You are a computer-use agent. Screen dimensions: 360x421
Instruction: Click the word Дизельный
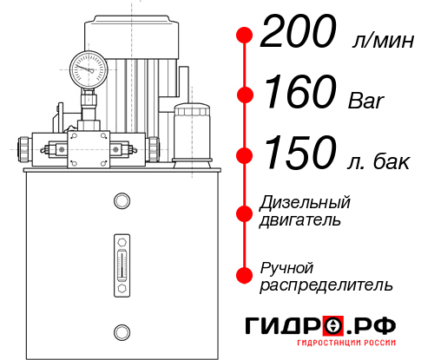point(305,203)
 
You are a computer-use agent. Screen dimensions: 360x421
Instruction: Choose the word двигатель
point(300,220)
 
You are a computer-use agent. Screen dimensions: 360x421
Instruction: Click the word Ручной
point(286,267)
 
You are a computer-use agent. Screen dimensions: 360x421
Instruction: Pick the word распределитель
point(326,285)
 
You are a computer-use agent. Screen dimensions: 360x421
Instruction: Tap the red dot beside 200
point(245,36)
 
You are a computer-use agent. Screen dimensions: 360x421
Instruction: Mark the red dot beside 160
point(245,94)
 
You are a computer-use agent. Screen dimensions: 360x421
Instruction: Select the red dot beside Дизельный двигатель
point(245,212)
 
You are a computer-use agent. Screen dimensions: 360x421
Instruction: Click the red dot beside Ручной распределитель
point(245,275)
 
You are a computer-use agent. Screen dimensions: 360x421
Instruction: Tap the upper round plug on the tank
point(122,201)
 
